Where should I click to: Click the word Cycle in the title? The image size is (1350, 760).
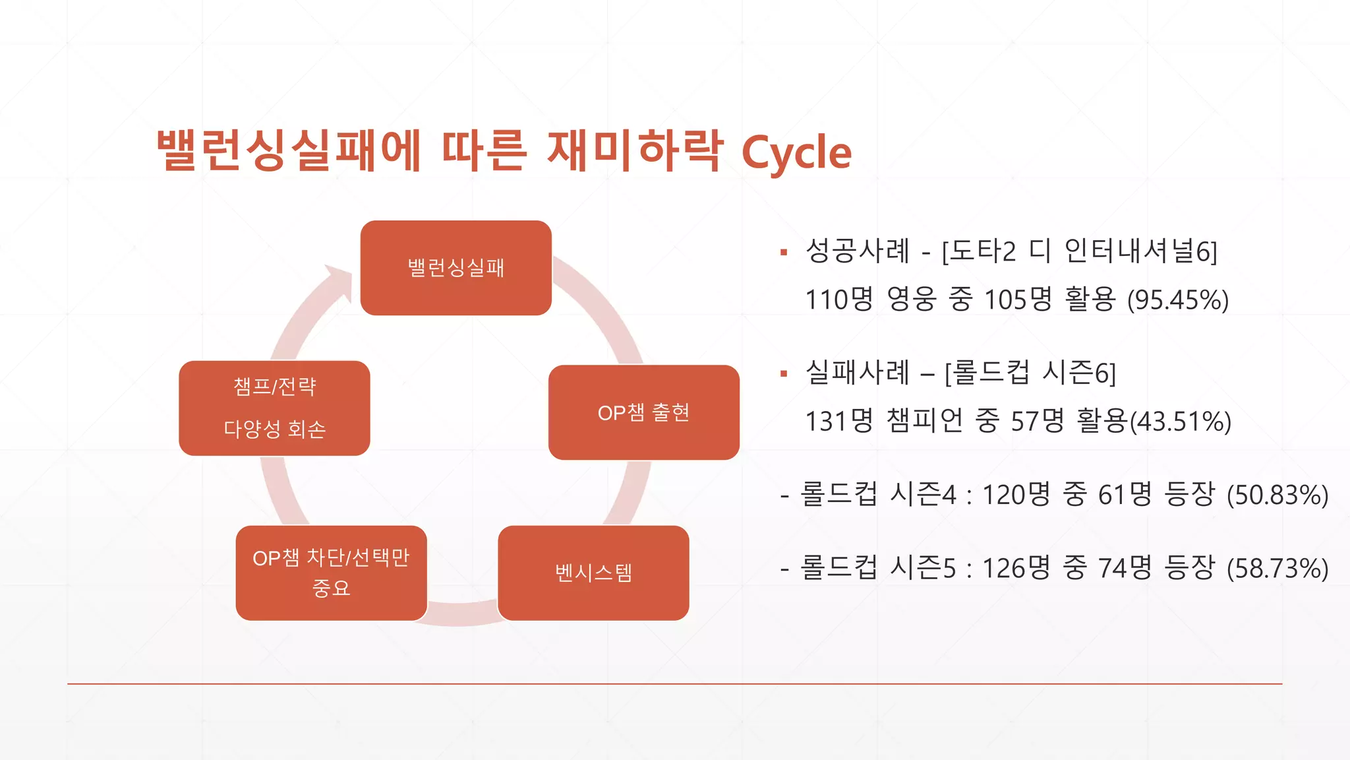pos(796,153)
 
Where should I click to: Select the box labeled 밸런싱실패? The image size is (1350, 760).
pos(455,268)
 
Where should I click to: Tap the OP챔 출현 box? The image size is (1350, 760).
pos(643,412)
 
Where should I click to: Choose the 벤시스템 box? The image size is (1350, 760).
pos(593,573)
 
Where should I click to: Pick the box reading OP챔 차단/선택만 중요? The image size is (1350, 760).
pos(331,573)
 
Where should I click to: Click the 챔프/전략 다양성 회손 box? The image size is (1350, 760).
pos(274,408)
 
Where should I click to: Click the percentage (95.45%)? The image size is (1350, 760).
pos(1178,300)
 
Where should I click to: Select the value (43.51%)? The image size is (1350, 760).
pos(1181,422)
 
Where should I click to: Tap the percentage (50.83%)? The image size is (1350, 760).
pos(1277,495)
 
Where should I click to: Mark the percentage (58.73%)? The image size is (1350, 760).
pos(1277,568)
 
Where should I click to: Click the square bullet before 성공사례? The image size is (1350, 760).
pos(784,252)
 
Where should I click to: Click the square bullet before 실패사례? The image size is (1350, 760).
pos(784,374)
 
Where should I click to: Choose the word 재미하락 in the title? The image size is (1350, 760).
pos(635,150)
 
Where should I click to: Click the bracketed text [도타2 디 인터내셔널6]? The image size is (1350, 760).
pos(1079,251)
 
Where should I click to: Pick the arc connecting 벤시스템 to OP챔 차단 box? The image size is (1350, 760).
pos(461,614)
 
